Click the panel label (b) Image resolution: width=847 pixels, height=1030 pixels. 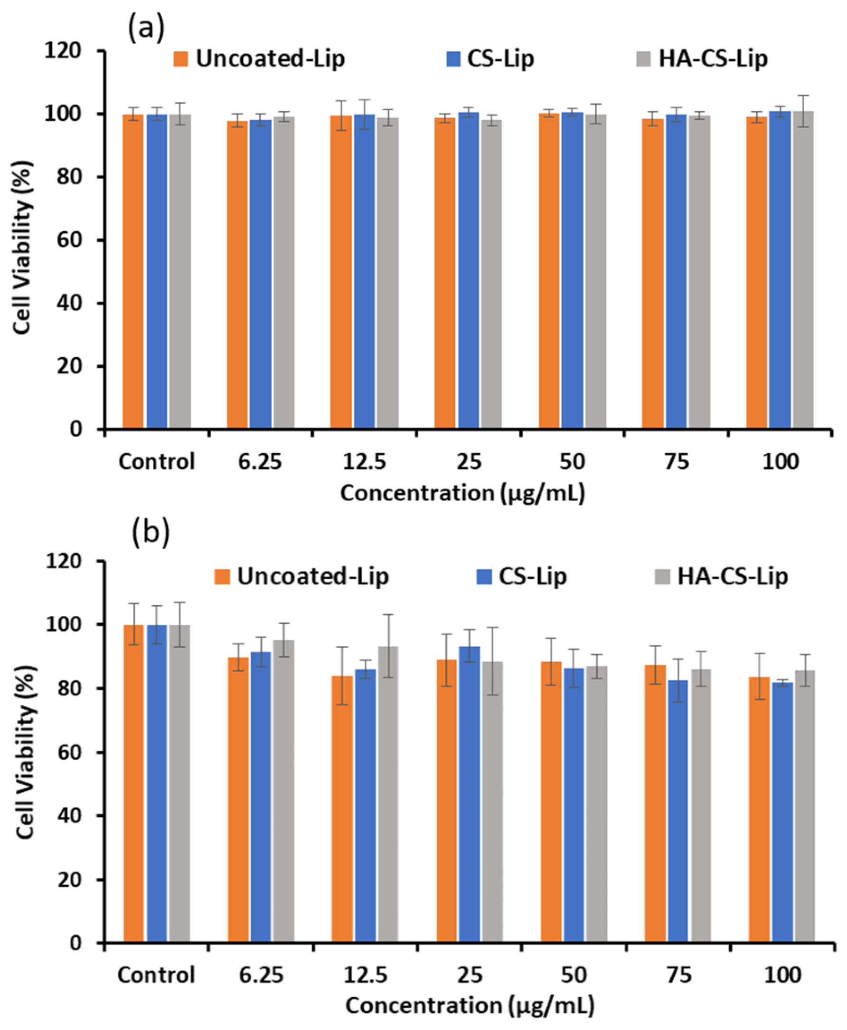(x=151, y=532)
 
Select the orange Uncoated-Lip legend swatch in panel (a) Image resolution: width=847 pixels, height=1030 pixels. (x=180, y=59)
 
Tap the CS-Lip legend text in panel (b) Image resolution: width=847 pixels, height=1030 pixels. (x=532, y=576)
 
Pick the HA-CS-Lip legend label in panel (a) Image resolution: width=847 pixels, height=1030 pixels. (x=713, y=59)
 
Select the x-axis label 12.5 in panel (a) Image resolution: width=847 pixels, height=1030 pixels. (x=364, y=461)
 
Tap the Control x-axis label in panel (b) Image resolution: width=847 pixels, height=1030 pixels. (x=156, y=975)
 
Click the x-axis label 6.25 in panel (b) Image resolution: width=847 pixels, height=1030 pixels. (x=261, y=975)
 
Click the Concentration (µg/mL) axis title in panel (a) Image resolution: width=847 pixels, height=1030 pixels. (x=462, y=493)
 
